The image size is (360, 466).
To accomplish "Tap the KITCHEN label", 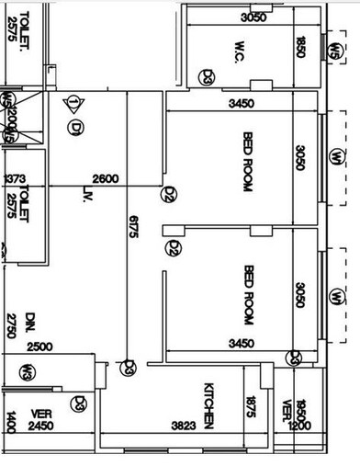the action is (x=210, y=406).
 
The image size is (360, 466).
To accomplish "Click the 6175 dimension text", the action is (x=133, y=228).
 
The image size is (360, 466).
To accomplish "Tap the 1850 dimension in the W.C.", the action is (x=300, y=49).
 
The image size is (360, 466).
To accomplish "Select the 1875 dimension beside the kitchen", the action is (x=250, y=404).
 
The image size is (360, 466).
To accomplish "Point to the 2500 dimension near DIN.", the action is (x=39, y=347).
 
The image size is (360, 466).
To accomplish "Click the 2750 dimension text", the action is (x=11, y=326).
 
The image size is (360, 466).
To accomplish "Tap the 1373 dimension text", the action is (x=14, y=178).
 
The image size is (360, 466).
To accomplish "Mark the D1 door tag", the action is (x=74, y=126).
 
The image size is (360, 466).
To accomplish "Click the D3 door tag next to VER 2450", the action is (x=81, y=402).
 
